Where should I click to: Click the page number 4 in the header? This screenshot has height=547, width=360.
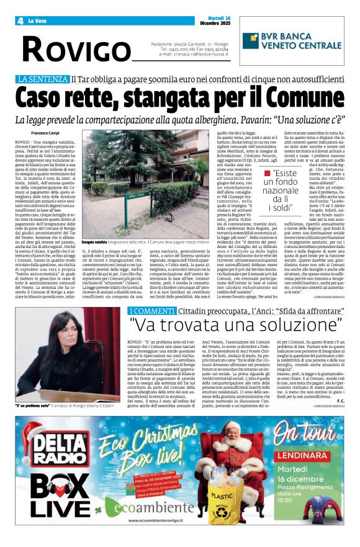pos(20,20)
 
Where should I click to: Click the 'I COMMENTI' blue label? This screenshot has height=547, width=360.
pos(149,309)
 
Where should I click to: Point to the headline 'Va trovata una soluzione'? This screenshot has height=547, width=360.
pos(236,324)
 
